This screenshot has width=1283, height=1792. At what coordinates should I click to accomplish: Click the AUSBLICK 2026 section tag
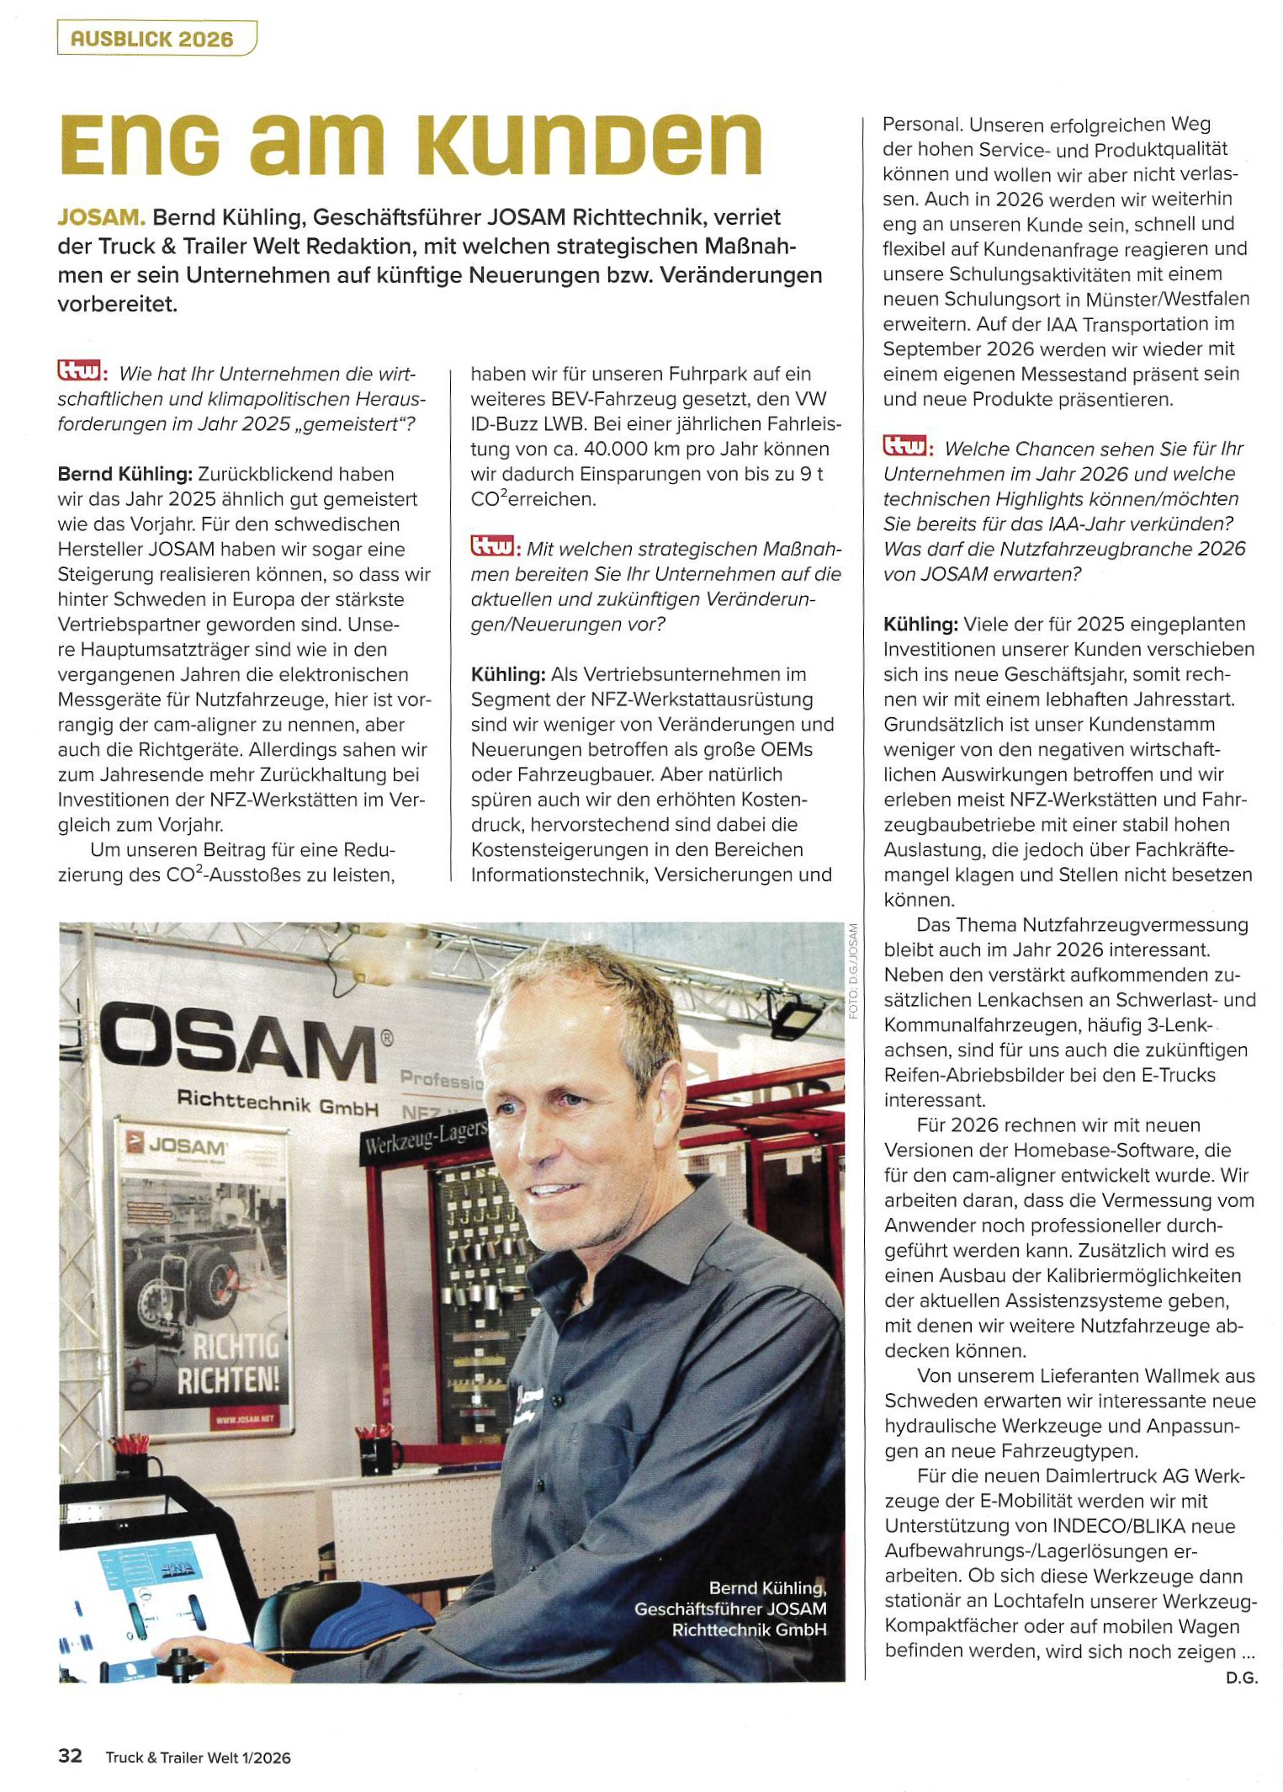point(152,39)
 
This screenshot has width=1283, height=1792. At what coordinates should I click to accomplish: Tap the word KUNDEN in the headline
point(589,144)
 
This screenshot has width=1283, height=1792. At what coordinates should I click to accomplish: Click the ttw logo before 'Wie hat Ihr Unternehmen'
point(79,371)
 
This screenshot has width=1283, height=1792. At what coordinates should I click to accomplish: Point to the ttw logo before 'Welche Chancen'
point(905,446)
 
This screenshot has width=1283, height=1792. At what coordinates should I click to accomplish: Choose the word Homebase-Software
point(1099,1150)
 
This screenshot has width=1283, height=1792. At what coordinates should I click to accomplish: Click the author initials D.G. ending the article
point(1241,1678)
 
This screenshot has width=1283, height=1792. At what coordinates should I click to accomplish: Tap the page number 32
point(70,1756)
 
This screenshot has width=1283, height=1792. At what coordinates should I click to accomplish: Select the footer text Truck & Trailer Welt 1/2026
point(198,1757)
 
